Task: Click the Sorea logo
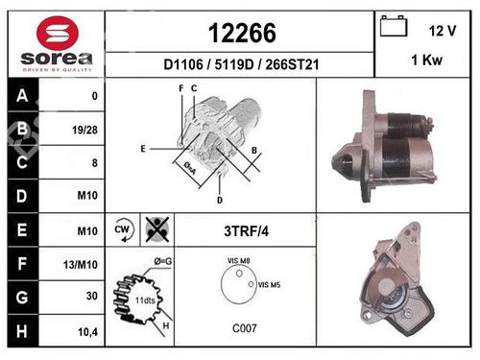[56, 45]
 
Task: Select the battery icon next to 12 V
[394, 27]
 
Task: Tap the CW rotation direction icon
[122, 230]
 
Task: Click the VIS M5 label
[270, 284]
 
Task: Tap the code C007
[245, 328]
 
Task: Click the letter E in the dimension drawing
[142, 149]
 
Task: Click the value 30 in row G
[92, 297]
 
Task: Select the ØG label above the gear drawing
[162, 260]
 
